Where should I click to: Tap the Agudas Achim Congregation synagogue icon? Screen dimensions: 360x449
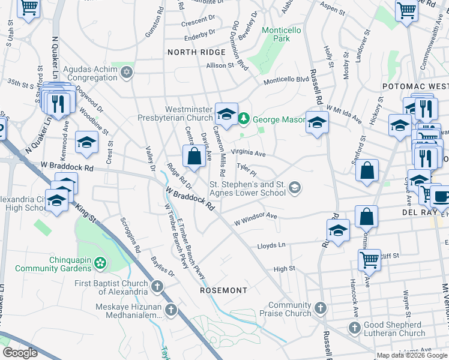click(125, 73)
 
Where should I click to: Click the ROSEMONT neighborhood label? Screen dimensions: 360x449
click(223, 290)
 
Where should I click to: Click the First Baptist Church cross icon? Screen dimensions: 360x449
click(157, 287)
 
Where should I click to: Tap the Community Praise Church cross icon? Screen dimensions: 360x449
click(320, 309)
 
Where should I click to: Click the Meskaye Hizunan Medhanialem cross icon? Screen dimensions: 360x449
click(171, 310)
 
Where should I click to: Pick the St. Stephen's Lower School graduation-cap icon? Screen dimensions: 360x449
click(294, 188)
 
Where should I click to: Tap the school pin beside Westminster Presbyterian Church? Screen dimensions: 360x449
click(226, 113)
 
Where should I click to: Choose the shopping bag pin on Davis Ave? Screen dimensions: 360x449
click(194, 157)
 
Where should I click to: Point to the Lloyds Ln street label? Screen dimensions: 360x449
click(271, 245)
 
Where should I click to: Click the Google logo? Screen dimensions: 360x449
click(20, 353)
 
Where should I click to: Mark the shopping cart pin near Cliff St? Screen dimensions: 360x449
click(369, 260)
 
